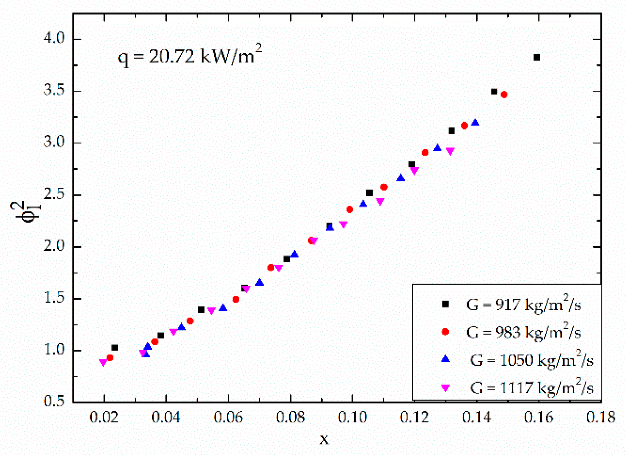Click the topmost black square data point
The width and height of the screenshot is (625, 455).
536,57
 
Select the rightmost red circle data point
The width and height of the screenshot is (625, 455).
504,95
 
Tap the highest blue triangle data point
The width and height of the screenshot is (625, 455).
475,123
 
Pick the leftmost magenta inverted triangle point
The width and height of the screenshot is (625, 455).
103,363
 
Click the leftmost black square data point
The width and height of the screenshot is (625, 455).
115,348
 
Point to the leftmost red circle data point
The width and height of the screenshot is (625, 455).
110,358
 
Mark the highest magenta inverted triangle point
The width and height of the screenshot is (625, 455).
450,151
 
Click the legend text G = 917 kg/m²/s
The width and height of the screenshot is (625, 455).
523,305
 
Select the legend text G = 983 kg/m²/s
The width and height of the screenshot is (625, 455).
523,332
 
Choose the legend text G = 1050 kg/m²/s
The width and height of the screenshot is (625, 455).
531,360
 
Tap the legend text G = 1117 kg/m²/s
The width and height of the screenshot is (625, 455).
531,388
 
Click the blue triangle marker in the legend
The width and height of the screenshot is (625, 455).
446,359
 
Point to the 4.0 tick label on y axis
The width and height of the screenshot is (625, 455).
54,38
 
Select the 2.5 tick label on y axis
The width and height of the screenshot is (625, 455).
54,194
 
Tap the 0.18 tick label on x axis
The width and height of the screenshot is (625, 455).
601,417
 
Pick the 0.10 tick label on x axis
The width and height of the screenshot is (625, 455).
352,417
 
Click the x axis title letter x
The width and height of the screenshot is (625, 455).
324,439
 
